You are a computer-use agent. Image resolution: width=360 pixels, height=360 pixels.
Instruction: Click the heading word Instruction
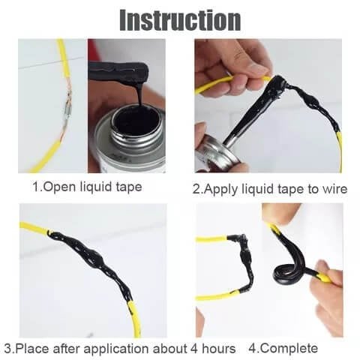[x=180, y=19]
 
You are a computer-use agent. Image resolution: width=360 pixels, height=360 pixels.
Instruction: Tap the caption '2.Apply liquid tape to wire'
[x=270, y=188]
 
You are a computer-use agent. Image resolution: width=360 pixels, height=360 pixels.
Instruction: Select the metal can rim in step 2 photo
[x=214, y=154]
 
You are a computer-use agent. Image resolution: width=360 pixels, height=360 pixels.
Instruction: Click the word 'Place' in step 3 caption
[x=30, y=348]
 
